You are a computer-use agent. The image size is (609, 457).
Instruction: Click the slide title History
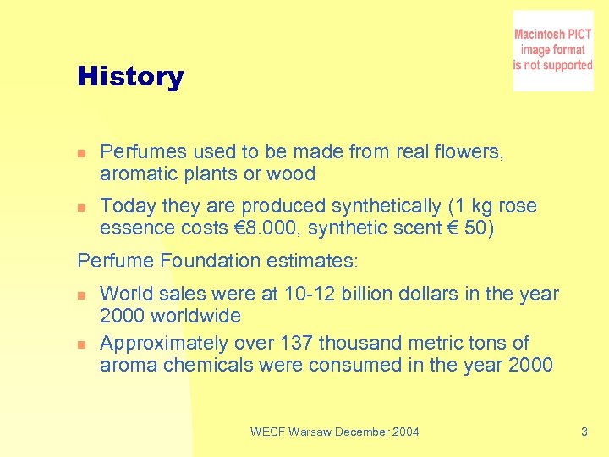[130, 77]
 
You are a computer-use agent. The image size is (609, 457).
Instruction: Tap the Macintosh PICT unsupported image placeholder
[552, 51]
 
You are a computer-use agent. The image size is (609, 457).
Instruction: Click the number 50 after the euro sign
[479, 228]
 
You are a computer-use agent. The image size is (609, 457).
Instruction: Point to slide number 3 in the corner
[584, 432]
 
